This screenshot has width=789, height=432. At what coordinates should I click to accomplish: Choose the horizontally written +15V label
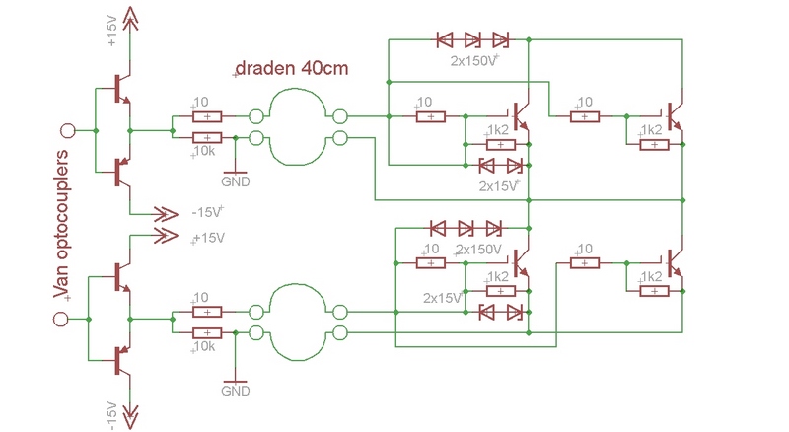[x=208, y=239]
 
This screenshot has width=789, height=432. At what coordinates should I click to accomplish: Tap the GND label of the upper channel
[x=236, y=181]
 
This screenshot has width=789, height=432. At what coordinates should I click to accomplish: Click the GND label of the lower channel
[x=236, y=392]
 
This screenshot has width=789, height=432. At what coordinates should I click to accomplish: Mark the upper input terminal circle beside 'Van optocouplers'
[x=68, y=129]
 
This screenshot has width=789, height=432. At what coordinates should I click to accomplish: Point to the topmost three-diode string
[x=472, y=40]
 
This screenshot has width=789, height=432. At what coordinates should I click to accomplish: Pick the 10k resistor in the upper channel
[x=207, y=139]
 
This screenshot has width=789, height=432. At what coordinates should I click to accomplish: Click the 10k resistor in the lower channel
[x=207, y=333]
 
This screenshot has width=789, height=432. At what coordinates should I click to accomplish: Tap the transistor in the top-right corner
[x=675, y=116]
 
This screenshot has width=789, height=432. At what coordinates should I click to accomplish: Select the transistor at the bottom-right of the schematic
[x=675, y=262]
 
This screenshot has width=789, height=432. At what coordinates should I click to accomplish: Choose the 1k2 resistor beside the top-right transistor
[x=654, y=144]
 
